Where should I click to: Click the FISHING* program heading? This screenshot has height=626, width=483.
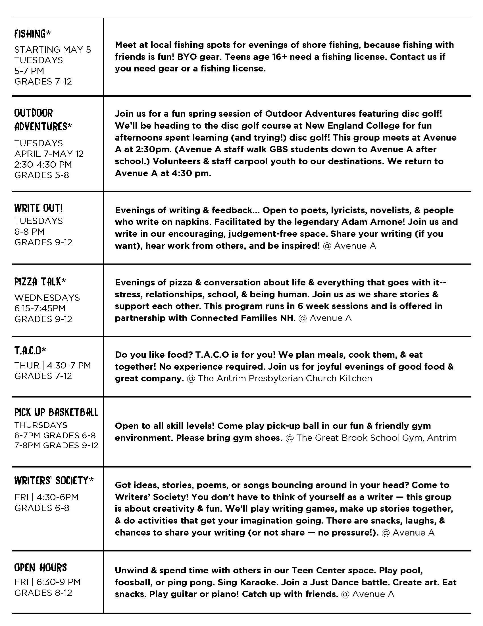coord(32,34)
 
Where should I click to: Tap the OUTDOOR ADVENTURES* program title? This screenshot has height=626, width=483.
coord(43,120)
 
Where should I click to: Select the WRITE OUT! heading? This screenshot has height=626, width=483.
coord(38,208)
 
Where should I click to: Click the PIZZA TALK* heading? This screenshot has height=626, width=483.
coord(40,282)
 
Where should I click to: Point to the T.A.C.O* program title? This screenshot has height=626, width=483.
coord(30,350)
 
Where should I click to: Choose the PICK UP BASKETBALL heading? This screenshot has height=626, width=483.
coord(56,412)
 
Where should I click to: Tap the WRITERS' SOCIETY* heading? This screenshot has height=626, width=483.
coord(54,481)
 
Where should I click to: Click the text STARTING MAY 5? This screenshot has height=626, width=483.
coord(53,50)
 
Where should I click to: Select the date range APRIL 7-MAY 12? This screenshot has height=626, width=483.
coord(49,154)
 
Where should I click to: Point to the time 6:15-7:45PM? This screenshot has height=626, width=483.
coord(40,308)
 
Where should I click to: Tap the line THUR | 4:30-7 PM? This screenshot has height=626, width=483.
coord(53,365)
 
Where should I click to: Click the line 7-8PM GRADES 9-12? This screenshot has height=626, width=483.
coord(56,445)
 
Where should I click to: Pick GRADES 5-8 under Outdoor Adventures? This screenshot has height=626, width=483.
coord(42,175)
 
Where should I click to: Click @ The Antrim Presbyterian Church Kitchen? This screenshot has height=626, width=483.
coord(279,378)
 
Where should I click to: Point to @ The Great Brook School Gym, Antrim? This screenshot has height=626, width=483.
coord(371,438)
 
